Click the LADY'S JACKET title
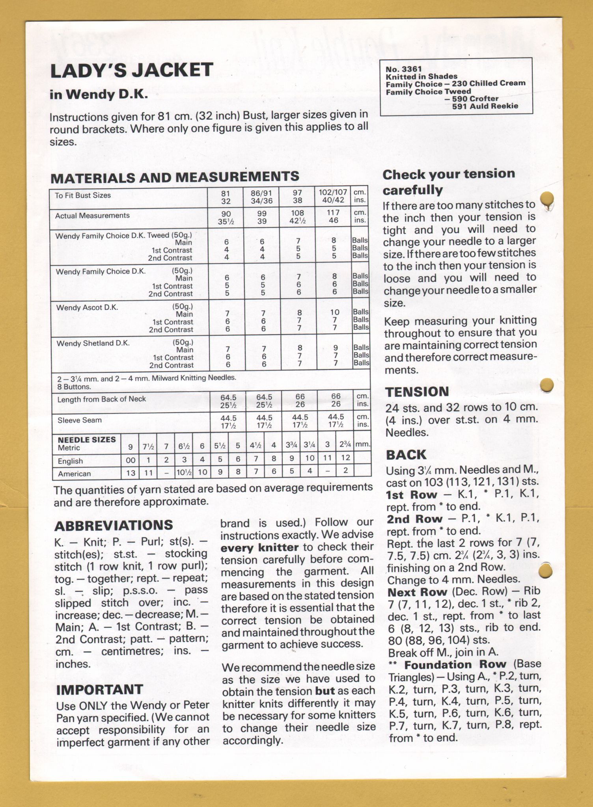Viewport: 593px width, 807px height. coord(132,71)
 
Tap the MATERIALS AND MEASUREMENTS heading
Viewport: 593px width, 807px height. coord(175,177)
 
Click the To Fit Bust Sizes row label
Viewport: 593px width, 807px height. coord(83,195)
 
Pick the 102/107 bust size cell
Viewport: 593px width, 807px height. coord(333,193)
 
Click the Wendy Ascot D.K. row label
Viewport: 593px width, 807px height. coord(87,308)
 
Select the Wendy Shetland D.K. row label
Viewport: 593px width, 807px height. coord(93,344)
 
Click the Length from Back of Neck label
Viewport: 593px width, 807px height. coord(101,399)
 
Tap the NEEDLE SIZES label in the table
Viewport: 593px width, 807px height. coord(87,440)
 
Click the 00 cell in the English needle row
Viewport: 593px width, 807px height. coord(131,460)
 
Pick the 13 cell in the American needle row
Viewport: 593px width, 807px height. coord(131,473)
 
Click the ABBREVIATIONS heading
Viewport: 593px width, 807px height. coord(114,526)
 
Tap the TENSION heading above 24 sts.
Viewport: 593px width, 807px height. coord(417,392)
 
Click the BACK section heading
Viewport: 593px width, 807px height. coord(406,455)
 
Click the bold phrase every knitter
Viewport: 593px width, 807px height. coord(259,548)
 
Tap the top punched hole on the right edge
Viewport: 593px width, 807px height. coord(547,198)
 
